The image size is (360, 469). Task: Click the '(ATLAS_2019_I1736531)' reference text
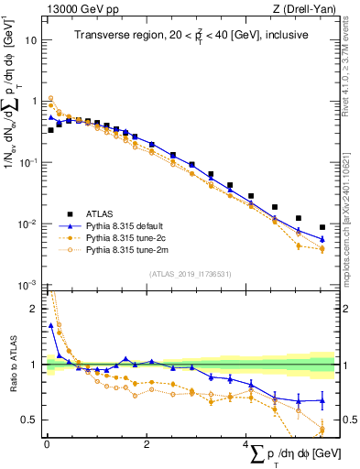(191, 275)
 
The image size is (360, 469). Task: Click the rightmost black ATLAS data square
(322, 227)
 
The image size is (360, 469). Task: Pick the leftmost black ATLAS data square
(50, 130)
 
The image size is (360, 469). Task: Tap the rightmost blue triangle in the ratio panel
(322, 400)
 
